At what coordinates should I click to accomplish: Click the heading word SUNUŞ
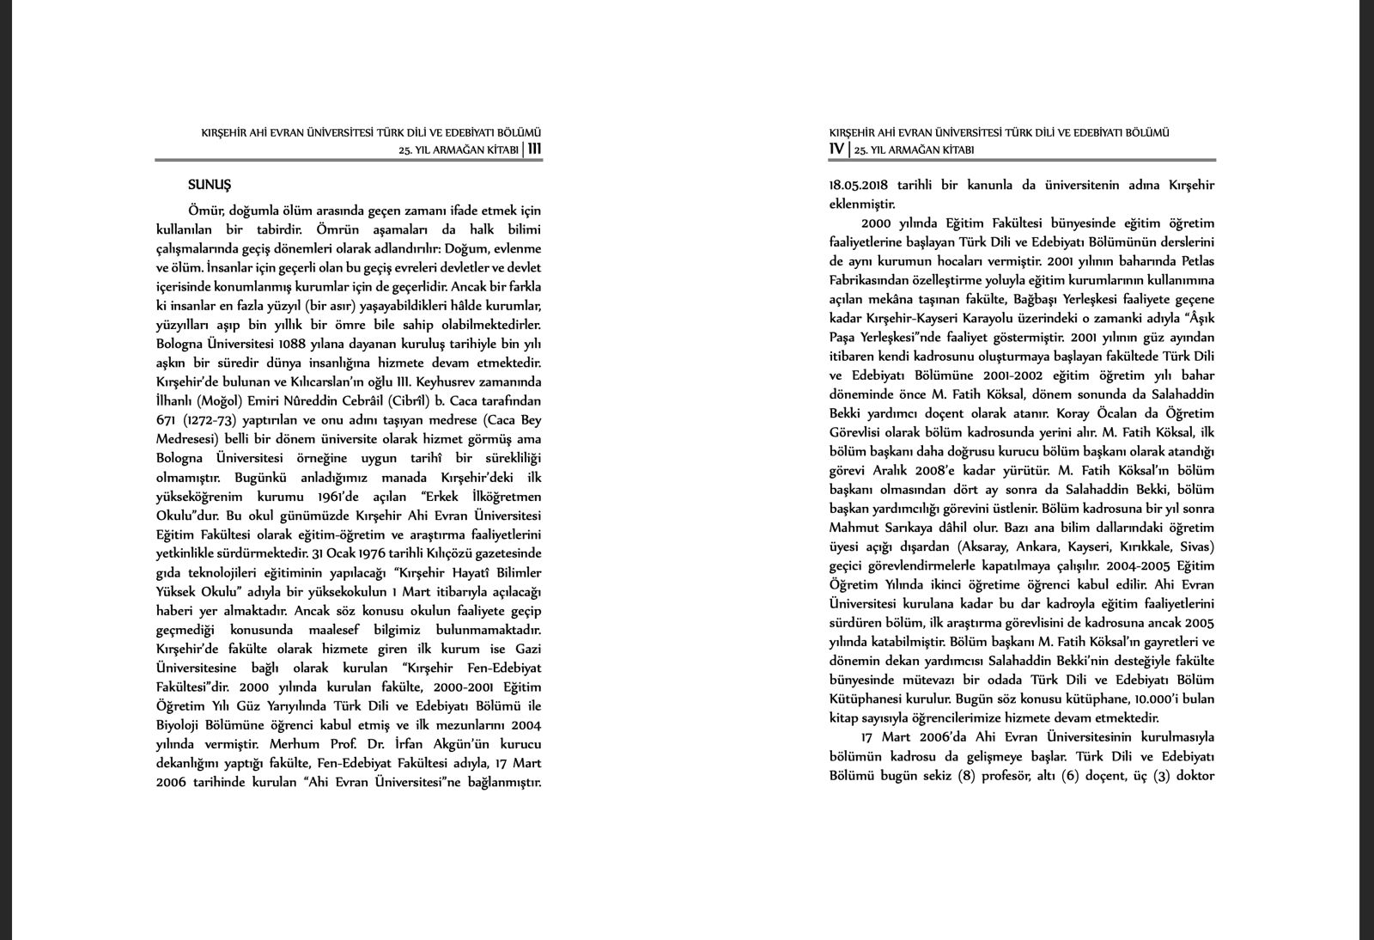(210, 185)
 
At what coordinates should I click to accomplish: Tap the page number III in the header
(534, 149)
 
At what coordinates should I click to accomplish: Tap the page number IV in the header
(836, 149)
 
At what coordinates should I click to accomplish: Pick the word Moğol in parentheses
(220, 401)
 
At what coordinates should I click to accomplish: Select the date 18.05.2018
(858, 185)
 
